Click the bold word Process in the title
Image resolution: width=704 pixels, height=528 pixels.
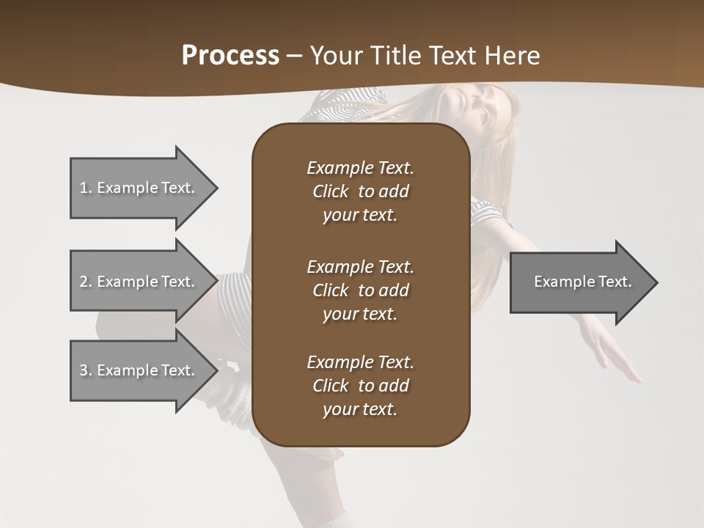(230, 56)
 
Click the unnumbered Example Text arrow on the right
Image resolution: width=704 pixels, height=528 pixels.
(582, 282)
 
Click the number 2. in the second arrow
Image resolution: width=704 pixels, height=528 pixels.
(85, 282)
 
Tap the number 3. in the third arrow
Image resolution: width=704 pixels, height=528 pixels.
(85, 370)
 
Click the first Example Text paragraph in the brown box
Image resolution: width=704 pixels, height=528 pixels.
(360, 191)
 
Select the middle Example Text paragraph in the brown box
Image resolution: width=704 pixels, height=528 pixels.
(360, 290)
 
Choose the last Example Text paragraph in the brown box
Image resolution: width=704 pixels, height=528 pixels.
(360, 386)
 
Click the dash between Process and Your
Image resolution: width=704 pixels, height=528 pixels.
(294, 56)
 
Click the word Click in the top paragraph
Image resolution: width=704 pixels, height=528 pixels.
(331, 191)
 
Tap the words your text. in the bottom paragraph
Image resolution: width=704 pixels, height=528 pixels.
(360, 409)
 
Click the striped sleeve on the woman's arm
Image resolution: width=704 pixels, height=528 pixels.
(488, 220)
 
